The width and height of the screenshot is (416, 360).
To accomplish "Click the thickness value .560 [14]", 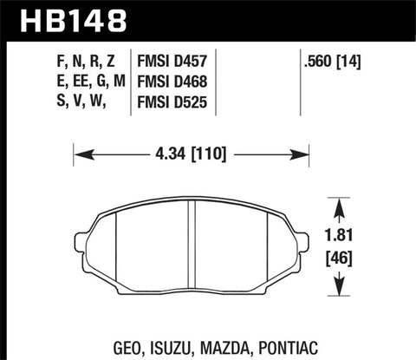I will (x=322, y=62).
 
